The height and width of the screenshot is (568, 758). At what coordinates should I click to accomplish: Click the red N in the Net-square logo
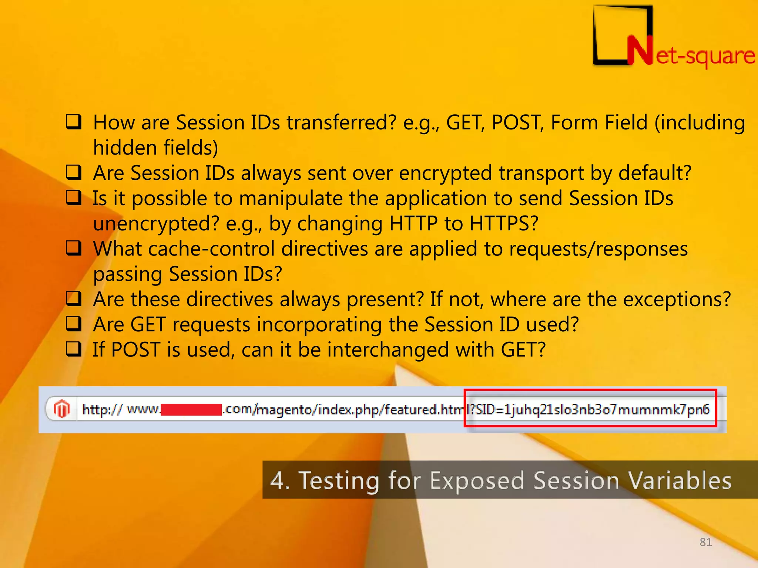coord(640,51)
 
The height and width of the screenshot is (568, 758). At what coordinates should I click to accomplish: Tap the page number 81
coord(705,542)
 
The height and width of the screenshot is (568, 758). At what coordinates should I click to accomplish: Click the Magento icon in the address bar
coord(62,409)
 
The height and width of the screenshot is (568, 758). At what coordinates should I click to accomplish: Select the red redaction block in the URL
coord(191,410)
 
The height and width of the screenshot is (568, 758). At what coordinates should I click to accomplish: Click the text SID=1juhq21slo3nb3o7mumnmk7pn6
coord(592,409)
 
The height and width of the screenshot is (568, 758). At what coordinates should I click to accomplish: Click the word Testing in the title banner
coord(339,480)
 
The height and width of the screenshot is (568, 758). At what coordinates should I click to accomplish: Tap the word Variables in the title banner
coord(680,480)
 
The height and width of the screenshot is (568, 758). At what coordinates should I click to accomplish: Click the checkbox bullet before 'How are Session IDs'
coord(74,122)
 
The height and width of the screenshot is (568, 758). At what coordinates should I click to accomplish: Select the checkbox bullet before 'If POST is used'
coord(74,349)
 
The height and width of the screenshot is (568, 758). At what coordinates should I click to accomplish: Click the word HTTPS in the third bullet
coord(503,223)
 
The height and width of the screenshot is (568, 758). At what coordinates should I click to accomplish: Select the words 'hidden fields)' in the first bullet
coord(155,148)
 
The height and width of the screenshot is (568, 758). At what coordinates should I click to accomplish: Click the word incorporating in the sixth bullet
coord(319,325)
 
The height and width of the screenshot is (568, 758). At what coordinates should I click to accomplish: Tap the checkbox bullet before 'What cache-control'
coord(74,248)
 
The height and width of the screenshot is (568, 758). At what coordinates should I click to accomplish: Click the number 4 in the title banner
coord(278,480)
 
